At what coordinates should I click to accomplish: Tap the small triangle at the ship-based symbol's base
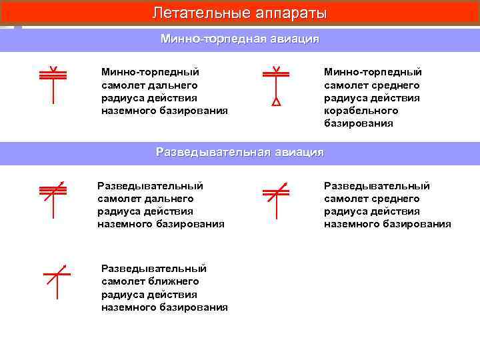pyautogui.click(x=276, y=103)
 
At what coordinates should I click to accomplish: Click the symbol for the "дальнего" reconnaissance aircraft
pyautogui.click(x=53, y=199)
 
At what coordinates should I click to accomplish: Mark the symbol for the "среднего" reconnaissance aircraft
pyautogui.click(x=276, y=199)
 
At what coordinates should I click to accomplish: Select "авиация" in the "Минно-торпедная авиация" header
pyautogui.click(x=294, y=39)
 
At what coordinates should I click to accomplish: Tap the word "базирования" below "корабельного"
pyautogui.click(x=359, y=123)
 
